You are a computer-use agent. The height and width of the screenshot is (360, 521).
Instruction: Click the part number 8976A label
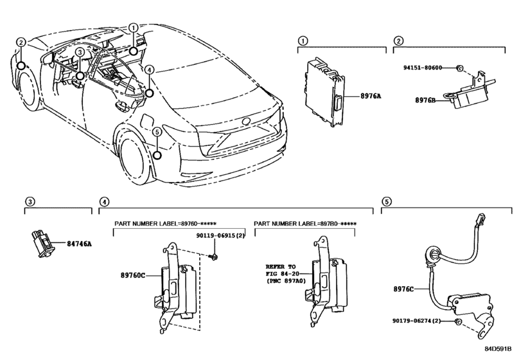(x=369, y=96)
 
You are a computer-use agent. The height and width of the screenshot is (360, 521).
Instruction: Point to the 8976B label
(x=427, y=100)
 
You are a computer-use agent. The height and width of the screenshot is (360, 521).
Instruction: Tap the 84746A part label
(x=80, y=244)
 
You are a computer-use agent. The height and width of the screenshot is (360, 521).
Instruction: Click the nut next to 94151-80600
(x=461, y=67)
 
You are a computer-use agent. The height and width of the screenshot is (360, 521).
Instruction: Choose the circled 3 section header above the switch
(x=29, y=202)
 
